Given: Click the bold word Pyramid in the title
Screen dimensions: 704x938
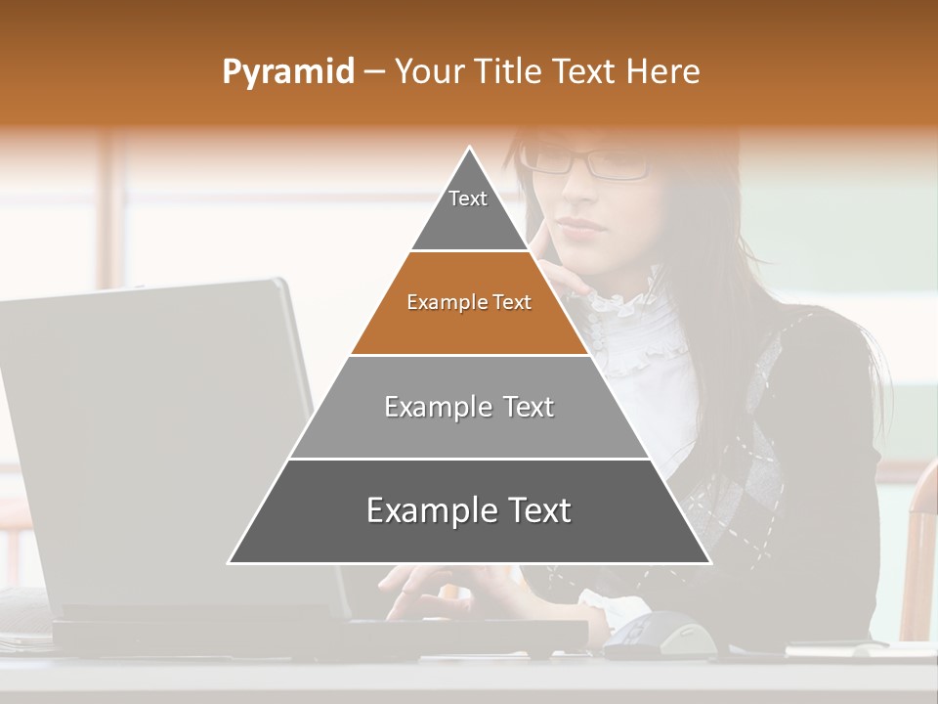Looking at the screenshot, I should [287, 72].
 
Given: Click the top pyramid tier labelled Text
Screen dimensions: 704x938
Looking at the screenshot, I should [468, 210].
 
